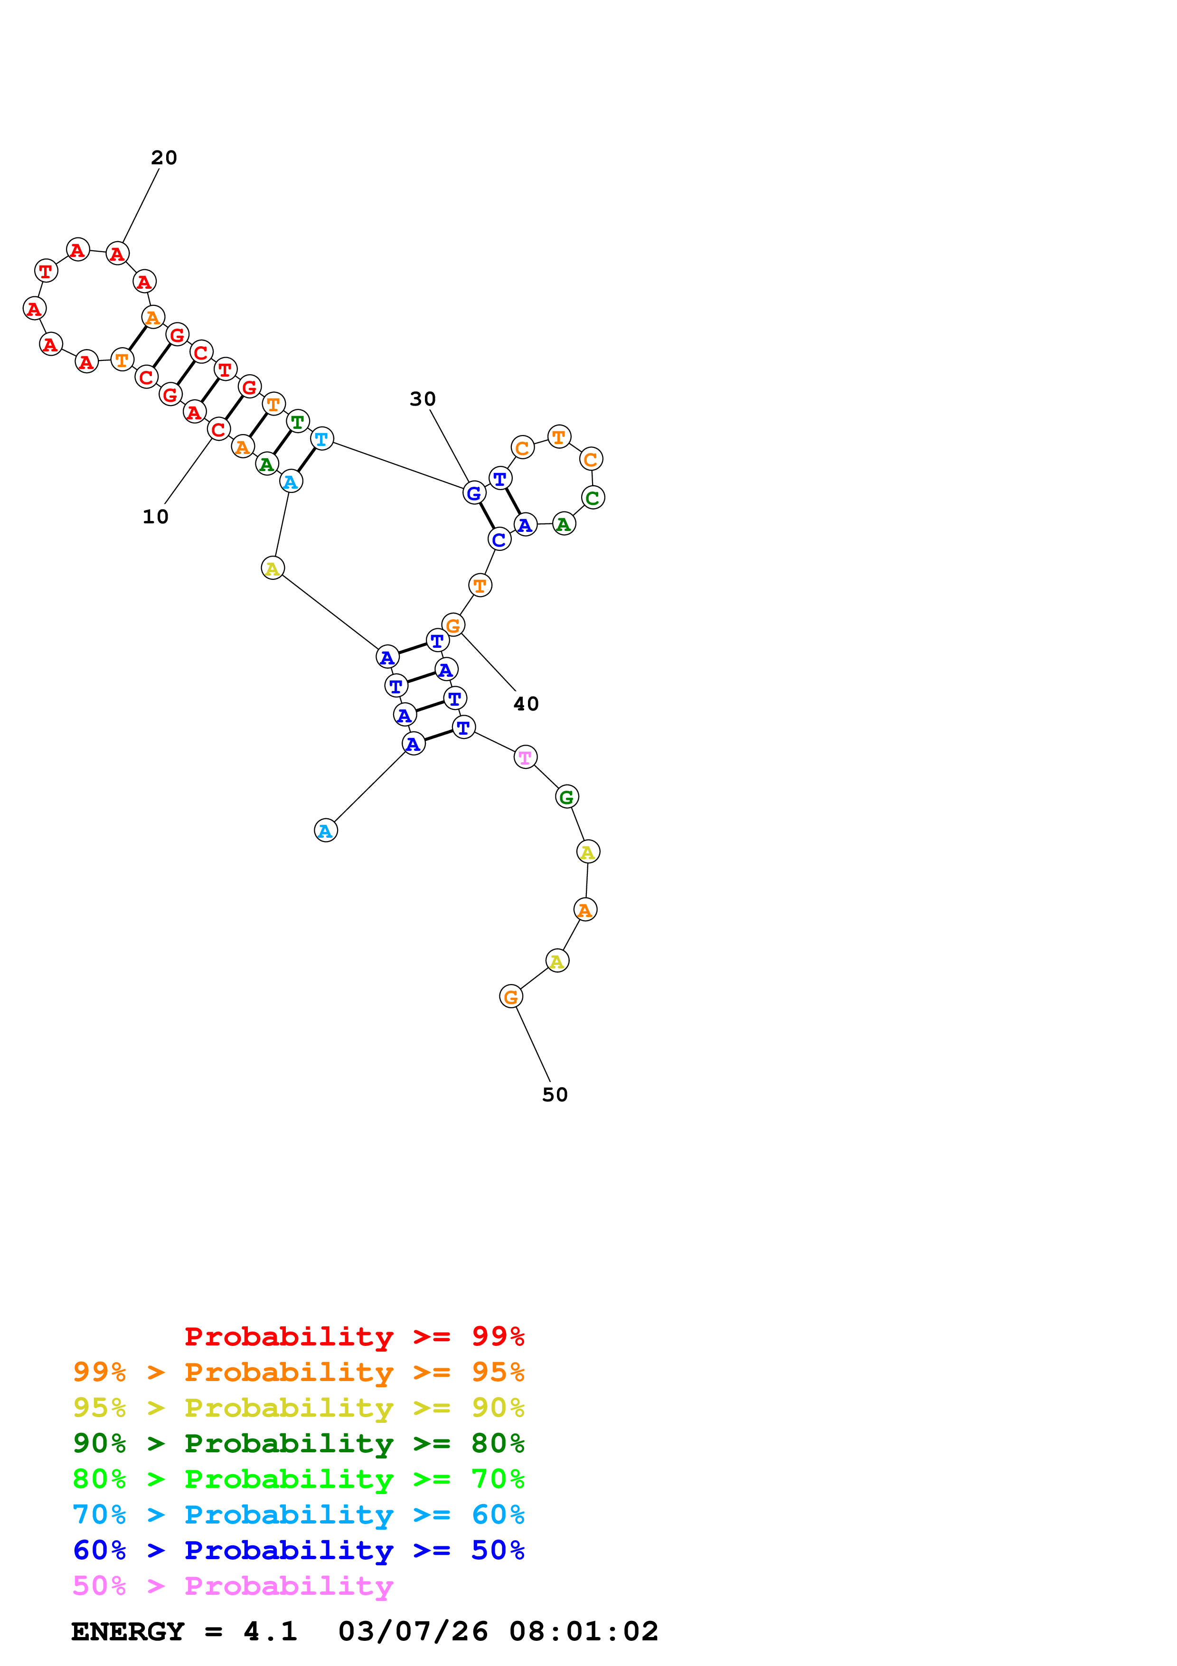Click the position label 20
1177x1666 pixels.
pyautogui.click(x=164, y=158)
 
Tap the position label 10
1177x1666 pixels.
pyautogui.click(x=155, y=517)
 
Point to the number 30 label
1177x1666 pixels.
pyautogui.click(x=423, y=399)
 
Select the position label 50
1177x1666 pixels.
pyautogui.click(x=555, y=1095)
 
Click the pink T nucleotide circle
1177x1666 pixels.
pyautogui.click(x=525, y=757)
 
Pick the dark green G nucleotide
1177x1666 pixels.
pyautogui.click(x=566, y=797)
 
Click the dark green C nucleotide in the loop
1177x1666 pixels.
pyautogui.click(x=593, y=498)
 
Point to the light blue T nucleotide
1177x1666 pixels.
pyautogui.click(x=322, y=439)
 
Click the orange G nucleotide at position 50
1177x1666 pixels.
pyautogui.click(x=510, y=997)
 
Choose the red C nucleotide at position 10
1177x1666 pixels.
pyautogui.click(x=218, y=430)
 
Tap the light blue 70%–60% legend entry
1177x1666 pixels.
pyautogui.click(x=298, y=1515)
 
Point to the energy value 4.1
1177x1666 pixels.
pyautogui.click(x=270, y=1631)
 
